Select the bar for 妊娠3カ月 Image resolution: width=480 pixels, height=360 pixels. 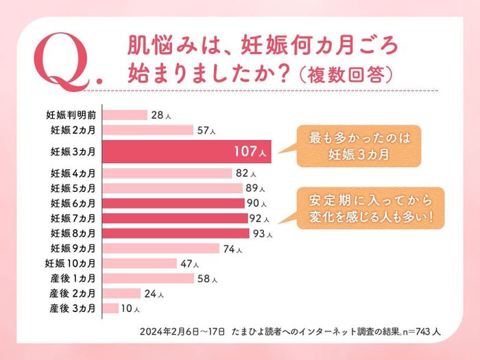coord(189,152)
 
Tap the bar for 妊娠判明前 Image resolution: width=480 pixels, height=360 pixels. coord(126,115)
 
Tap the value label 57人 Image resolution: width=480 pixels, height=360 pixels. coord(206,130)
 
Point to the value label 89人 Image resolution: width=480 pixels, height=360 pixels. coord(256,189)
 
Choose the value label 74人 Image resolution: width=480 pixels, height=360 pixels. coord(232,248)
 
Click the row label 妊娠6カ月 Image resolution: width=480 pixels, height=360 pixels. coord(73,203)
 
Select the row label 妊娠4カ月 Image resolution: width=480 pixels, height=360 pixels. coord(73,173)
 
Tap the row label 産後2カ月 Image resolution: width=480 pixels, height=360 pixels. coord(73,293)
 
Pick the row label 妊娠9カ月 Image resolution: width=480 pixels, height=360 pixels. coord(73,248)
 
